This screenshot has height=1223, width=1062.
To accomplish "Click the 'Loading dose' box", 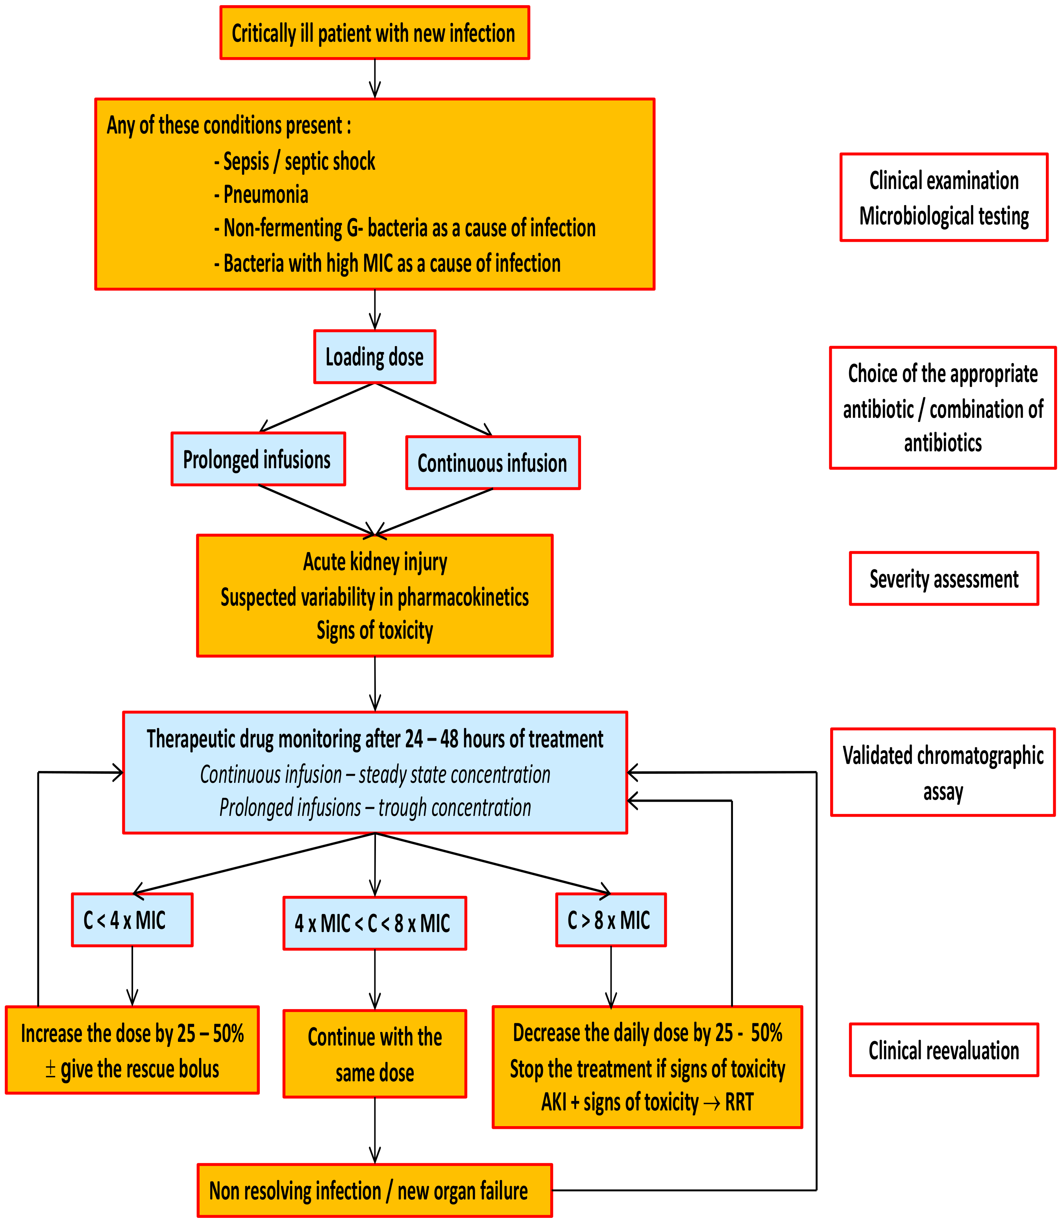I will click(375, 357).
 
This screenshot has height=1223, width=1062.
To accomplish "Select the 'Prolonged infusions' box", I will click(258, 460).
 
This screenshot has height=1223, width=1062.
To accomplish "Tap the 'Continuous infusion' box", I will click(492, 463).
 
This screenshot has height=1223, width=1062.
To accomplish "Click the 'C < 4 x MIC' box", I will click(132, 920).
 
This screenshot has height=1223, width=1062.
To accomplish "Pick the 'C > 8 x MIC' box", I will click(611, 920).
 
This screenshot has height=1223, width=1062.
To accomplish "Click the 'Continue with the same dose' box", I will click(375, 1054).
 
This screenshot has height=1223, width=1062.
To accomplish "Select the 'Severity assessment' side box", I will click(944, 578).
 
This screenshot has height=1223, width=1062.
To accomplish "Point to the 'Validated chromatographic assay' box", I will click(942, 773).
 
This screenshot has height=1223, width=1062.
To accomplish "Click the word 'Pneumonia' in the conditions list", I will click(265, 195).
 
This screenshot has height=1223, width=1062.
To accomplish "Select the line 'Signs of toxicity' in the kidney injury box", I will click(375, 630).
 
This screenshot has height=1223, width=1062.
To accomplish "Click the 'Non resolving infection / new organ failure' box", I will click(375, 1190).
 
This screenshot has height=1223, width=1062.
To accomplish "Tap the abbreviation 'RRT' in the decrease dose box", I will click(739, 1102).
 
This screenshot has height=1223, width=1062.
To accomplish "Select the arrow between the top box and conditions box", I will click(375, 78).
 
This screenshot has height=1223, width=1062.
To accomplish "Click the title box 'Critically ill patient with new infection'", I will click(375, 33).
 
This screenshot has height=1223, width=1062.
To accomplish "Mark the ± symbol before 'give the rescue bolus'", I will click(51, 1069).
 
